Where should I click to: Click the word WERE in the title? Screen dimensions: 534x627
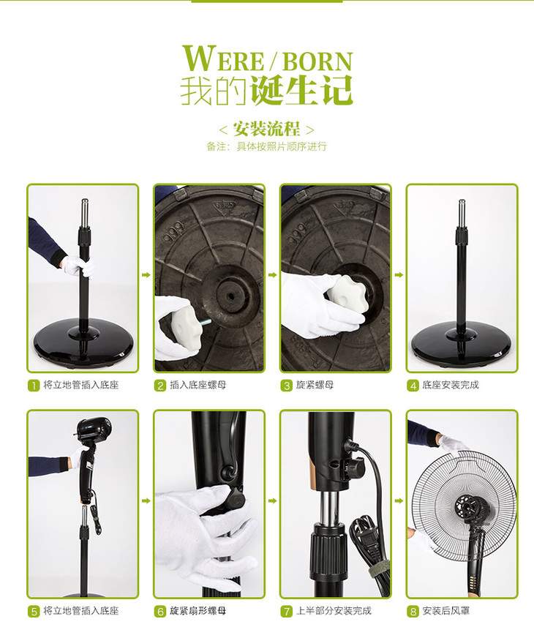point(223,59)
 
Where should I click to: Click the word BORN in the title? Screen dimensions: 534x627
point(317,61)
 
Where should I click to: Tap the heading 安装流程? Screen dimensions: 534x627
point(266,129)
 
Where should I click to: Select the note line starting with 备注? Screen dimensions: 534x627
point(266,146)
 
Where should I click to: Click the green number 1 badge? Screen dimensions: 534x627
point(34,386)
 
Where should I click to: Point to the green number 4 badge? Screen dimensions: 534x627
point(413,386)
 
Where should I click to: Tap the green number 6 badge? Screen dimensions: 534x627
point(160,612)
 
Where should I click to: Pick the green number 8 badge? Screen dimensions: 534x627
point(413,612)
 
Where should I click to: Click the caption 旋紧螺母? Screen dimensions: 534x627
point(315,385)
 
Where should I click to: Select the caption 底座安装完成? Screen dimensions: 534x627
point(451,385)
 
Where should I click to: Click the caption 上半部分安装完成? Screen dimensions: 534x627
point(334,611)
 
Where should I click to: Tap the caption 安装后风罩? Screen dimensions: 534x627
point(445,611)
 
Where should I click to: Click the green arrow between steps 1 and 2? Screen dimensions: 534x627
point(146,274)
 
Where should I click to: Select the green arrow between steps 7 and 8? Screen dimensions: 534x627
point(399,500)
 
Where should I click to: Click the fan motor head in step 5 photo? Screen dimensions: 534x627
point(94,429)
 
